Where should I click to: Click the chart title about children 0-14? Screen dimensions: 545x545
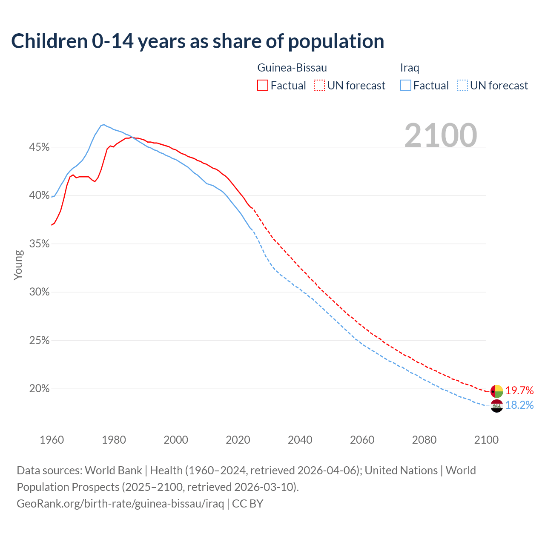click(x=198, y=41)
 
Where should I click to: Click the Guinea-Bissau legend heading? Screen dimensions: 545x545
click(x=292, y=68)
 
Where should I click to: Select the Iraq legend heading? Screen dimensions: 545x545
click(x=410, y=68)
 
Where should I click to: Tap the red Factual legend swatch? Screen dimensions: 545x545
click(x=263, y=85)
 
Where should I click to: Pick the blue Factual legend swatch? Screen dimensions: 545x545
click(x=406, y=85)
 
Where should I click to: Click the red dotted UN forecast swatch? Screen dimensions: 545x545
click(x=319, y=85)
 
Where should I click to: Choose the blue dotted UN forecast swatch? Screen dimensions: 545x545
click(x=462, y=85)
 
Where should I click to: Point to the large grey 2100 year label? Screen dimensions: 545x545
click(x=441, y=135)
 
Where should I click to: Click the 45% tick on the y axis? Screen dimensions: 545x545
click(x=39, y=147)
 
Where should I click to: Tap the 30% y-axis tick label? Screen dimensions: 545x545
click(x=39, y=292)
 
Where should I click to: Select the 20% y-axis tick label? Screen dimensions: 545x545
click(x=39, y=389)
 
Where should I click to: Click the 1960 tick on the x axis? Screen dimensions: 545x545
click(x=52, y=440)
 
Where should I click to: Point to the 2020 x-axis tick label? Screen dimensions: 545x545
click(x=238, y=440)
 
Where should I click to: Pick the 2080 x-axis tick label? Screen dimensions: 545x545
click(x=424, y=440)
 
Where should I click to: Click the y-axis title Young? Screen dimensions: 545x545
click(x=18, y=265)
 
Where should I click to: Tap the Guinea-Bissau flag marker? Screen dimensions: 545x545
click(x=497, y=391)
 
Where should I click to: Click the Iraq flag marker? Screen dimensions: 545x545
click(x=497, y=406)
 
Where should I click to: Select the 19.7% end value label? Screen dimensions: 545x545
click(x=519, y=390)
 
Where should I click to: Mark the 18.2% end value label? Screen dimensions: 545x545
click(x=519, y=405)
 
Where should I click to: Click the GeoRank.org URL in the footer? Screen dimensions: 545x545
click(x=120, y=504)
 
